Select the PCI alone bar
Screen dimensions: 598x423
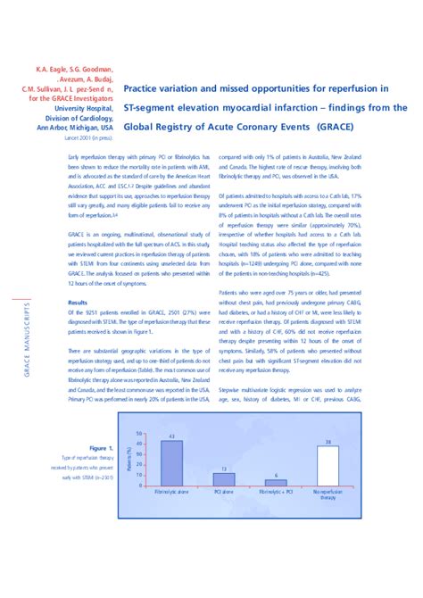[224, 479]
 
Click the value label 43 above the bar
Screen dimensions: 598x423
[170, 436]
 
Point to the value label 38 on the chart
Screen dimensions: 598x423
[328, 442]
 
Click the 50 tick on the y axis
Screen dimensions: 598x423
[138, 433]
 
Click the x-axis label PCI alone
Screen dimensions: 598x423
[224, 493]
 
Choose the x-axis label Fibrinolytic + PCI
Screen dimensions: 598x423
[276, 493]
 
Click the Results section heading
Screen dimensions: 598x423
[78, 303]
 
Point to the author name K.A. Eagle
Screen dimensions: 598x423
[55, 68]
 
